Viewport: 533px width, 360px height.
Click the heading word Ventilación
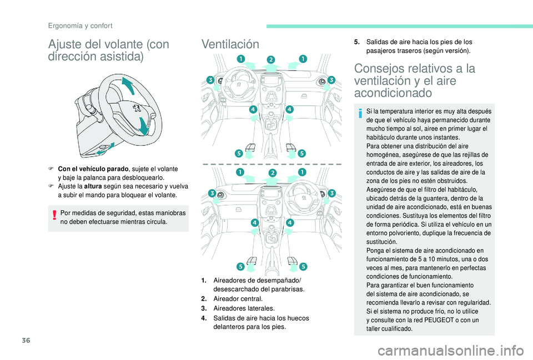[x=230, y=44]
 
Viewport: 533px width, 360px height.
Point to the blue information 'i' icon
[x=360, y=114]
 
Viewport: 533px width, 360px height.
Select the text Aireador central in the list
[x=234, y=298]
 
